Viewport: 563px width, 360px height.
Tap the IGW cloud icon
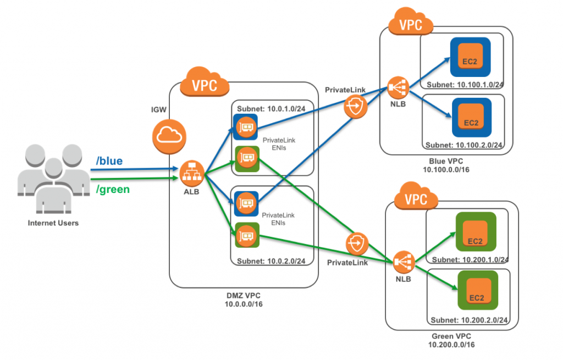(168, 135)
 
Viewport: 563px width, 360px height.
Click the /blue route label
(109, 161)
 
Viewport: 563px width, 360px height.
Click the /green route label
(112, 190)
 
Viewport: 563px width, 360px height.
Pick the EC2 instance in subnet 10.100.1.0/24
(470, 58)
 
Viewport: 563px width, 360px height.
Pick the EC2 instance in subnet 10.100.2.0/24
(470, 118)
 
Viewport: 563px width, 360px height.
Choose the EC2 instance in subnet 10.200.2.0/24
(477, 290)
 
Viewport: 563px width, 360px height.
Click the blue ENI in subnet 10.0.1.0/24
(245, 127)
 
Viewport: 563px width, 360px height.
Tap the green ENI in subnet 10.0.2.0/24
(245, 236)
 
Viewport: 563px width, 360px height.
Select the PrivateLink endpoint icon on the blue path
(356, 106)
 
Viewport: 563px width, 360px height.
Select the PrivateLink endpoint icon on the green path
(358, 242)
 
